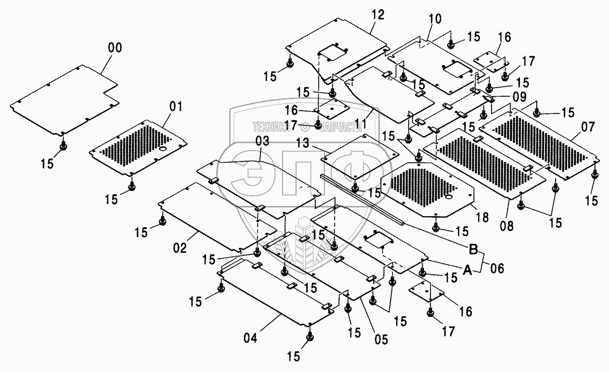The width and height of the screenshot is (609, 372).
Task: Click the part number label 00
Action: click(115, 48)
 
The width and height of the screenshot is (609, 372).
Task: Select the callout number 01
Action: click(176, 106)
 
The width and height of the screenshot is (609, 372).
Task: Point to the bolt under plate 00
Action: click(63, 145)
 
